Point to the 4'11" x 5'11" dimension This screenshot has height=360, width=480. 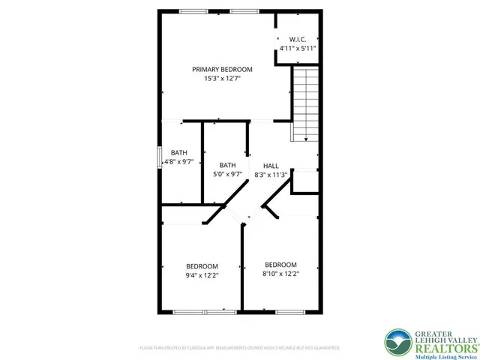[297, 48]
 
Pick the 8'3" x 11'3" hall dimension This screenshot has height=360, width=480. [271, 175]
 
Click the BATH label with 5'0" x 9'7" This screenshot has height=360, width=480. [227, 165]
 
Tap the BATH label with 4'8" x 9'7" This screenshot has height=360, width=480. [178, 151]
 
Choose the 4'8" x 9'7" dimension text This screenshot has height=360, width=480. [178, 160]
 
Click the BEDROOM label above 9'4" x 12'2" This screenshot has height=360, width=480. [202, 266]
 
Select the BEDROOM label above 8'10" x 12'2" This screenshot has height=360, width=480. [280, 265]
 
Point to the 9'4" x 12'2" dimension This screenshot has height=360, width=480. [202, 276]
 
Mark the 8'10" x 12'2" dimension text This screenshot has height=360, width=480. [280, 274]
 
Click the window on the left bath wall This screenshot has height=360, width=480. [159, 159]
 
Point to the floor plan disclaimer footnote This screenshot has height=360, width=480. [240, 348]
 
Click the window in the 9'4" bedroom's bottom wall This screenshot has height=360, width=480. [199, 310]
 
